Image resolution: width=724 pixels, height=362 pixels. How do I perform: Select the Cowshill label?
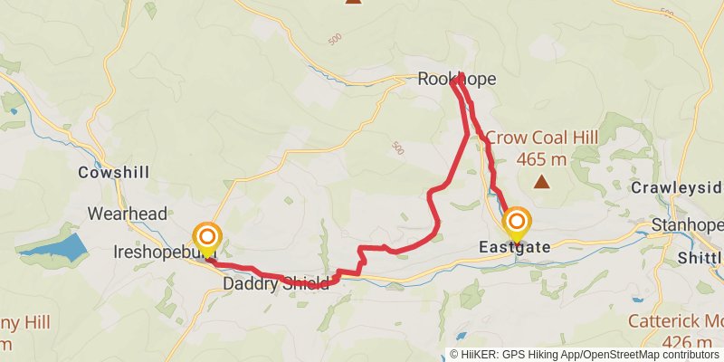[113, 172]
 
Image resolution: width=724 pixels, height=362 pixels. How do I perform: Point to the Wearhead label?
[128, 214]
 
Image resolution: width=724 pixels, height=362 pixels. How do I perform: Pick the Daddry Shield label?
[276, 284]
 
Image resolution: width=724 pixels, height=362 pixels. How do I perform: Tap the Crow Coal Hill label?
[542, 138]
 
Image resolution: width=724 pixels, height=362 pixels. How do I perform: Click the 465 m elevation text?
[542, 159]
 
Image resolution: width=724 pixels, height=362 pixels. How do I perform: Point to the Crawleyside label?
[688, 187]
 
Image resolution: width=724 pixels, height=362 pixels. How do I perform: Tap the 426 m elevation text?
[688, 343]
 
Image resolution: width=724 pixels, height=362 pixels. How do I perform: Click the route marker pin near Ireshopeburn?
[207, 238]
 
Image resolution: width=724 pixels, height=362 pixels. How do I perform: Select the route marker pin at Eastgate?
[517, 224]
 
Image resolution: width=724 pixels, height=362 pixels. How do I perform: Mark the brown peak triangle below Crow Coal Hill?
[541, 183]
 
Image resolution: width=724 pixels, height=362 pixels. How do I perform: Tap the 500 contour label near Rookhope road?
[397, 147]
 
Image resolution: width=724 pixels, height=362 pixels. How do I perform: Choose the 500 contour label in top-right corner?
[667, 14]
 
